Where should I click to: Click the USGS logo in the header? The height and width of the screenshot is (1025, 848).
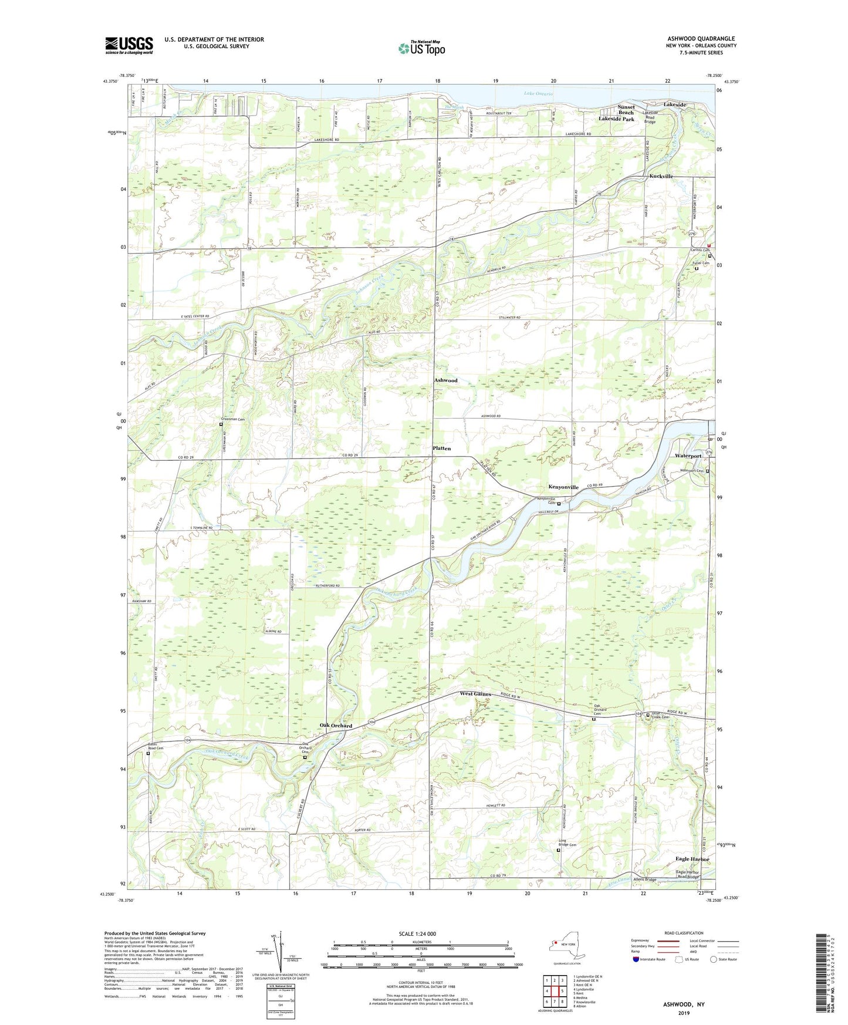[129, 45]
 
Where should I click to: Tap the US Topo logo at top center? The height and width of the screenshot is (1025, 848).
[422, 48]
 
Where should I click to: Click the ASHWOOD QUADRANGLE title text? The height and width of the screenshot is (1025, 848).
[701, 39]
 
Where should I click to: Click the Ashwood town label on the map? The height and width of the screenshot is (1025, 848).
[445, 380]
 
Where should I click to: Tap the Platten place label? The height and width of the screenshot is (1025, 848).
[441, 448]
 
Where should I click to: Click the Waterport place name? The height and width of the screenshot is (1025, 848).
[688, 456]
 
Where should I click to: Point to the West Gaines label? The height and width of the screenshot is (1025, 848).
[475, 694]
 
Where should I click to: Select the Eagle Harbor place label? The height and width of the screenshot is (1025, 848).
[692, 859]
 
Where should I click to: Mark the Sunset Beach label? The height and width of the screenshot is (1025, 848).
[626, 110]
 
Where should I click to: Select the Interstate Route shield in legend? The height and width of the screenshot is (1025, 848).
[637, 959]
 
